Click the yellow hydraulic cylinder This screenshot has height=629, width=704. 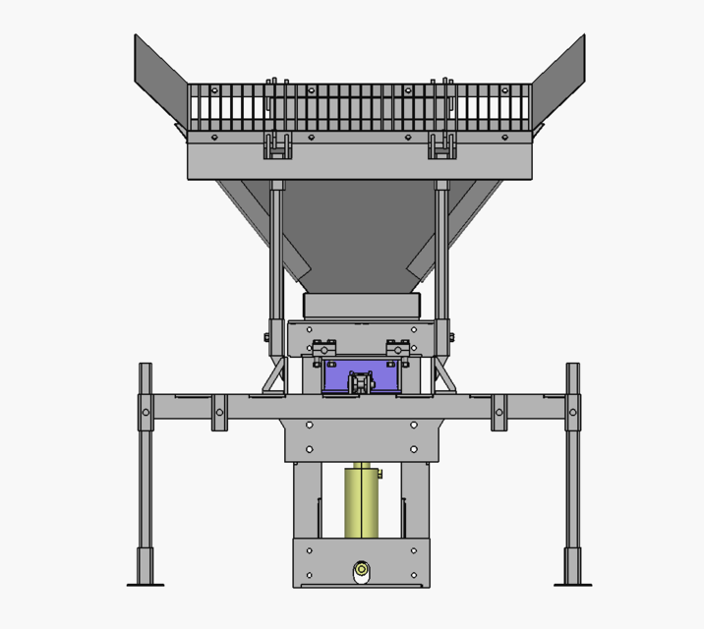click(362, 501)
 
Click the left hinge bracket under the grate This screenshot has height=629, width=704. click(277, 146)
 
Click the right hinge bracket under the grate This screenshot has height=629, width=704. click(442, 146)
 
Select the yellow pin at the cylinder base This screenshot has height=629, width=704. click(362, 569)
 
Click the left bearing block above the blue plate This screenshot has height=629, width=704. click(323, 348)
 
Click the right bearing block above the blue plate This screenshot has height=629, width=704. click(397, 348)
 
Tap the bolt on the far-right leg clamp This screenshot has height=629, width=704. click(572, 412)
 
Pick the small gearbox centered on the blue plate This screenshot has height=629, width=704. click(362, 381)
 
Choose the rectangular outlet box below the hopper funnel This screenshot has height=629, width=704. click(361, 304)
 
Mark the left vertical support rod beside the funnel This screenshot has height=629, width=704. click(277, 256)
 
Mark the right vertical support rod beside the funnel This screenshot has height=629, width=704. click(442, 256)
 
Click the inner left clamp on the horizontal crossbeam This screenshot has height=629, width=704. click(219, 412)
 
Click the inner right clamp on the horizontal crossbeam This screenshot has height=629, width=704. click(499, 412)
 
